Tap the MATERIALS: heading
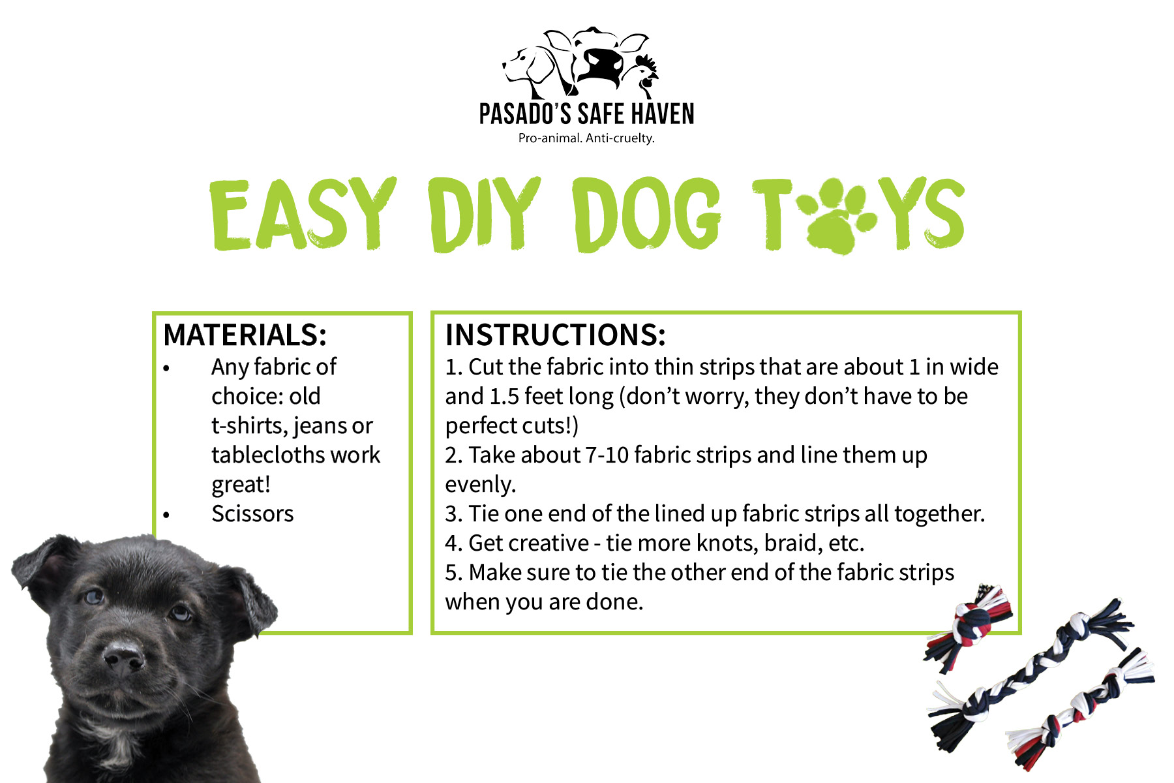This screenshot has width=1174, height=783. click(x=245, y=335)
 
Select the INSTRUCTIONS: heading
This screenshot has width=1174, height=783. click(x=556, y=335)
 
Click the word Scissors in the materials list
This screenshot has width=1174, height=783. click(x=252, y=514)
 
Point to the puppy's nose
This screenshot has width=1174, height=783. click(x=123, y=657)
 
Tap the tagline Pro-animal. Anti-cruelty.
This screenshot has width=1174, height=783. click(x=586, y=138)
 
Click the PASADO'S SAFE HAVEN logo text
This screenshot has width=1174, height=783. click(x=586, y=114)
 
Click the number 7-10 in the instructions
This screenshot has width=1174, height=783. click(x=607, y=455)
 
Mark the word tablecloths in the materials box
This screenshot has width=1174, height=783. click(x=295, y=455)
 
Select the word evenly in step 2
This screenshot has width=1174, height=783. click(x=481, y=485)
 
